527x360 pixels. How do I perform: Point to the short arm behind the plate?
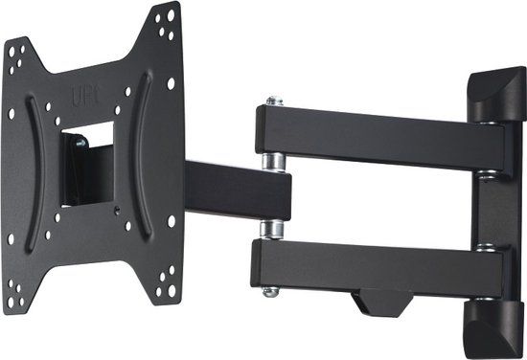[x=235, y=189]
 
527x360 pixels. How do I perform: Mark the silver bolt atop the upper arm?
[x=274, y=101]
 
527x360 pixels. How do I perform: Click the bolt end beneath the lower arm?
[x=272, y=290]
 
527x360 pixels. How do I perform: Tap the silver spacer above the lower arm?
[x=272, y=229]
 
